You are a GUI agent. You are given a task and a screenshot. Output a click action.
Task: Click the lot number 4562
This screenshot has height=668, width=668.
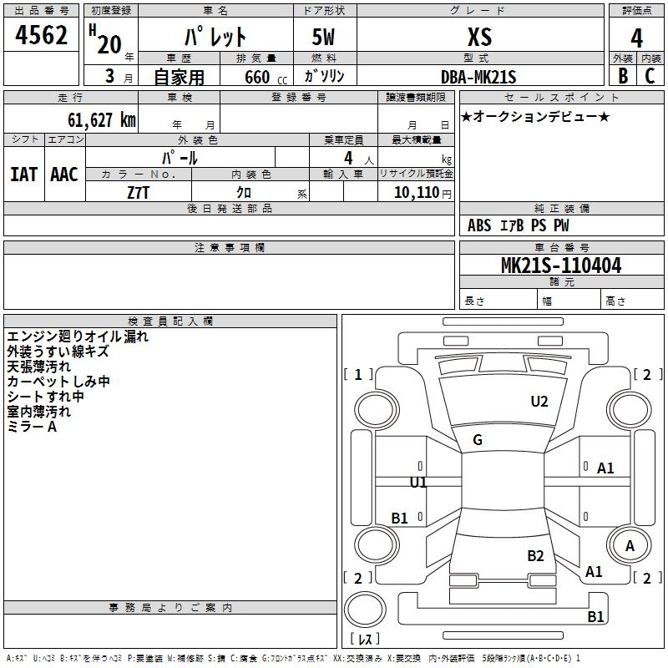coord(41,35)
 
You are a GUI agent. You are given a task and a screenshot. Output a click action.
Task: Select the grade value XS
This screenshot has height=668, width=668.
coord(479,37)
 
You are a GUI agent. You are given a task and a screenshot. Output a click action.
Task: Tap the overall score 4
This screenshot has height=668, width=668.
coord(636,38)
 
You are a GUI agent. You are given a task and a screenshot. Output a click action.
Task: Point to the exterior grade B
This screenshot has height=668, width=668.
coord(623,76)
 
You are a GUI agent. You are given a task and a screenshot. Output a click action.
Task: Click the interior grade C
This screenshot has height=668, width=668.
coord(650,76)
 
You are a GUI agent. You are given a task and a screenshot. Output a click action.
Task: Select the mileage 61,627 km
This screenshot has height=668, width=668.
coord(102,120)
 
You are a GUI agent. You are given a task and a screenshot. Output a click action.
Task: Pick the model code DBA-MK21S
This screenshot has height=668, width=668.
coord(478,77)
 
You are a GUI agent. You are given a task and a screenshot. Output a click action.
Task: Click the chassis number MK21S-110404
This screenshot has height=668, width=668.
coord(561,266)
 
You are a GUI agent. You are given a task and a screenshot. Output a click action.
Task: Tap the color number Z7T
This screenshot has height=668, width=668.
coord(138,193)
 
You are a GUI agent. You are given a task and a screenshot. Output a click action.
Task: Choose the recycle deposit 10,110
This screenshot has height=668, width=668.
coord(417,193)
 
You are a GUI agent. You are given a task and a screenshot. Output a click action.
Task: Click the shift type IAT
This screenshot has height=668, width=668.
coord(23,175)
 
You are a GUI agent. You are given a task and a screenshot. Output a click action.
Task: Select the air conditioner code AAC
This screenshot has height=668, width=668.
coord(64,175)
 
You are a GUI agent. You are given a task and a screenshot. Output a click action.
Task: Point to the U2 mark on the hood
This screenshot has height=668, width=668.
coord(539,402)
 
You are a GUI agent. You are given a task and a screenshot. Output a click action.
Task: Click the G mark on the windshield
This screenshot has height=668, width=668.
coord(478,440)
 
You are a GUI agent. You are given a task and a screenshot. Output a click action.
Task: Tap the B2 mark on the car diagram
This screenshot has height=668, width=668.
coord(535,556)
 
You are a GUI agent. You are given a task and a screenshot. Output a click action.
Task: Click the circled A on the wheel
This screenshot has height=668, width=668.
coord(630,546)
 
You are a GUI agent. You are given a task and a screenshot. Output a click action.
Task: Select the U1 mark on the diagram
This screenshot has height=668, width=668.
coord(418,483)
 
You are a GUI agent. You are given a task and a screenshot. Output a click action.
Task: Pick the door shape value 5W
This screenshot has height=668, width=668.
coord(323,37)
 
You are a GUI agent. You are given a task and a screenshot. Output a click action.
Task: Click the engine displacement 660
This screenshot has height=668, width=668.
coord(257,77)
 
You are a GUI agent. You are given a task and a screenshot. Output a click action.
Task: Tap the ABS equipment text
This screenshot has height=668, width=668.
coord(479,225)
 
